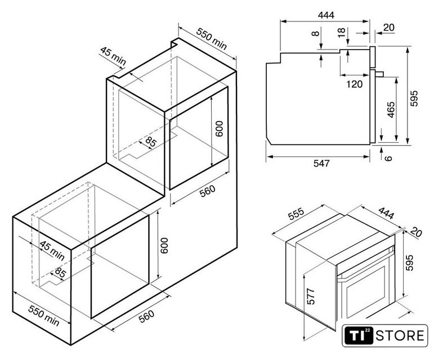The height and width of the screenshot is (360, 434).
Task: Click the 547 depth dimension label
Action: click(321, 164)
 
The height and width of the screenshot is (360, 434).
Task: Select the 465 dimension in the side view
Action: click(391, 110)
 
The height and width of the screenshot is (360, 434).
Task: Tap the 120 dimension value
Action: click(355, 84)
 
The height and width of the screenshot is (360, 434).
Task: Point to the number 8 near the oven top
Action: click(315, 34)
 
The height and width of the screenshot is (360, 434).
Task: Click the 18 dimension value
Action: click(342, 32)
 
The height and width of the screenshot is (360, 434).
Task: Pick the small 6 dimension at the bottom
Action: click(389, 158)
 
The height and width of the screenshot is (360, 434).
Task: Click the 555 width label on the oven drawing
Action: click(296, 214)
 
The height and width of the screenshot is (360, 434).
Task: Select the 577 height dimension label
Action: click(311, 296)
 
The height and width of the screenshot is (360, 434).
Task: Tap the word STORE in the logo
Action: click(400, 336)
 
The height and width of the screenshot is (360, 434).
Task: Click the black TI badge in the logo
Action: click(359, 336)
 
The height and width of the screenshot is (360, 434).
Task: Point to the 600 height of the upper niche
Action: click(219, 129)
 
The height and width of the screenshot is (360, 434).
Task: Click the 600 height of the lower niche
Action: click(164, 245)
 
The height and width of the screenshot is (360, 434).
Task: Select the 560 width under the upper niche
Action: click(207, 191)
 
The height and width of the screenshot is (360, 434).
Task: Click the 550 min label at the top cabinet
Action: click(212, 39)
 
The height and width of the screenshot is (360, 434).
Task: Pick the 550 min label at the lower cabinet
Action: click(44, 316)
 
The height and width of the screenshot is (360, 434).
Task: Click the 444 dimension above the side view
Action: click(326, 15)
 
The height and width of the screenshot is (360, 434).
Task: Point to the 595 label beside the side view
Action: click(414, 98)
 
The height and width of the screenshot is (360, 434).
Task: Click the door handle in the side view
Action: click(379, 74)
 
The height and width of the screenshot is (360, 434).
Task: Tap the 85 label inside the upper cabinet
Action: click(151, 142)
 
